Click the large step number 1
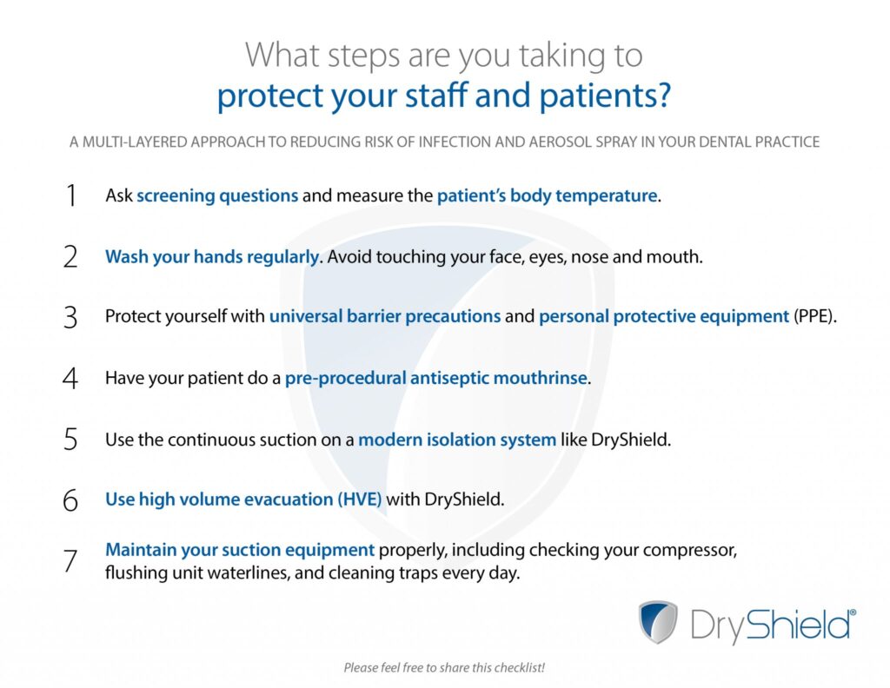pos(71,195)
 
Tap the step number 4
pos(70,379)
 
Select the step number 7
pos(70,561)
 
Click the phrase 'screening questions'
pos(217,195)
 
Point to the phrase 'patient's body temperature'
pos(548,195)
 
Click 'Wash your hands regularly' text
pos(212,257)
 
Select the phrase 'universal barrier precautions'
pos(385,316)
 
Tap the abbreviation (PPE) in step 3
pos(814,316)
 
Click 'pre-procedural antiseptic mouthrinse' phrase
pos(436,378)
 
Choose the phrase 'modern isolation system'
pos(457,440)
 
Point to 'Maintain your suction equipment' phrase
pos(240,550)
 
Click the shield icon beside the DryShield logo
pos(658,622)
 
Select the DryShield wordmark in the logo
pos(773,625)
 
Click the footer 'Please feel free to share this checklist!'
pos(444,667)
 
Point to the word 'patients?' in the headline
pos(605,96)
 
